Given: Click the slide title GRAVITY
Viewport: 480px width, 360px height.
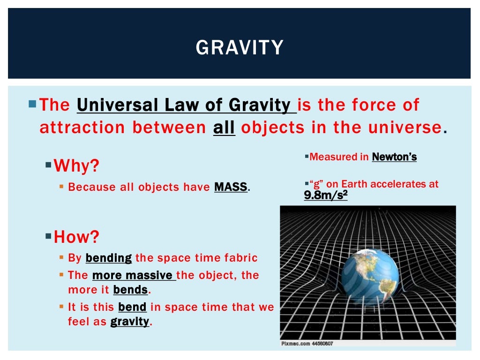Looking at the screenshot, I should [x=240, y=48].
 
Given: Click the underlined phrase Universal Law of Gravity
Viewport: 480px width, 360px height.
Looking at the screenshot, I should [x=186, y=105].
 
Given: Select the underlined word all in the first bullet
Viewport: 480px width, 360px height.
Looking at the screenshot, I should [x=224, y=127].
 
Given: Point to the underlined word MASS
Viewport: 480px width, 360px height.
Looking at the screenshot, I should [x=231, y=187].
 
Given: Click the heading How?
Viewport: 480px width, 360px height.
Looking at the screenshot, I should [x=76, y=237].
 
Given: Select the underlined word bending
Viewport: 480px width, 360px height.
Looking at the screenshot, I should [x=109, y=258].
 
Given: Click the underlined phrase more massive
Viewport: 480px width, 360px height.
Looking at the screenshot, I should [x=134, y=275].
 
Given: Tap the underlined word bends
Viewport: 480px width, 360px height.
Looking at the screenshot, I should [x=130, y=290].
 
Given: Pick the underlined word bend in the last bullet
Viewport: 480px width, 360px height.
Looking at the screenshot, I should [x=133, y=307].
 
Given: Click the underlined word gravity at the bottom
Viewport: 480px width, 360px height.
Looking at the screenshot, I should [x=129, y=322].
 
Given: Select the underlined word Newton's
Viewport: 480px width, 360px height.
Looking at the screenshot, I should [x=394, y=157].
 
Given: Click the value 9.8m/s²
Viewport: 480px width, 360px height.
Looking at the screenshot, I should [x=325, y=195].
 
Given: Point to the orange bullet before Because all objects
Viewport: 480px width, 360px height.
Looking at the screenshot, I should [x=61, y=187].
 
